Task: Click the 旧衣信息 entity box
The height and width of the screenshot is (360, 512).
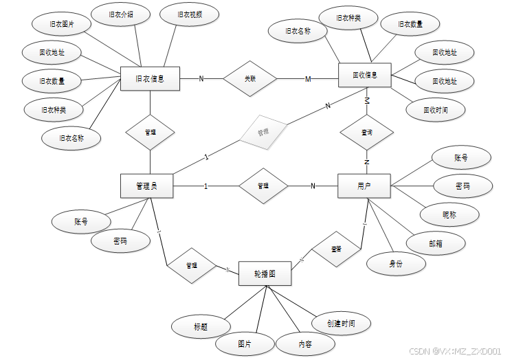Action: coord(150,78)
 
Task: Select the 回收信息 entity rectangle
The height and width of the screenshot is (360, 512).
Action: coord(364,75)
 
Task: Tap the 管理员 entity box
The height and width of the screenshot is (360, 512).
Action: coord(146,185)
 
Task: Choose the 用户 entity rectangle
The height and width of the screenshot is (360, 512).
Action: coord(364,185)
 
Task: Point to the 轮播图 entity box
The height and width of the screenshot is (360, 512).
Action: coord(265,273)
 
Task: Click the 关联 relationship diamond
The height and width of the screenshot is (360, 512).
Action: coord(250,78)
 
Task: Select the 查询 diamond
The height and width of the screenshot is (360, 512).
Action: coord(366,132)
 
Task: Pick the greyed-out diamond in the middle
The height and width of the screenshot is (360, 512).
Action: coord(262,131)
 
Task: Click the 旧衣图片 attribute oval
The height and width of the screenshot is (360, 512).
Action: coord(62,23)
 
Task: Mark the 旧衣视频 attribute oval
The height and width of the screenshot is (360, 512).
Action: coord(189,14)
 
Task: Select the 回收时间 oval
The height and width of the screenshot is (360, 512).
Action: coord(435,109)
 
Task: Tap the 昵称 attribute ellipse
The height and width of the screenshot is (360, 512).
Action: coord(449,214)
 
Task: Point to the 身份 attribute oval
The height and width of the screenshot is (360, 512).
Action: coord(395,263)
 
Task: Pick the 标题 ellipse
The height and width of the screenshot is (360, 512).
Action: coord(201,326)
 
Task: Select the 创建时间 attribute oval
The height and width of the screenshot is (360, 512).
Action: coord(342,323)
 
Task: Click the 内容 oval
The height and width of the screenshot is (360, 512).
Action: coord(304,343)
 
